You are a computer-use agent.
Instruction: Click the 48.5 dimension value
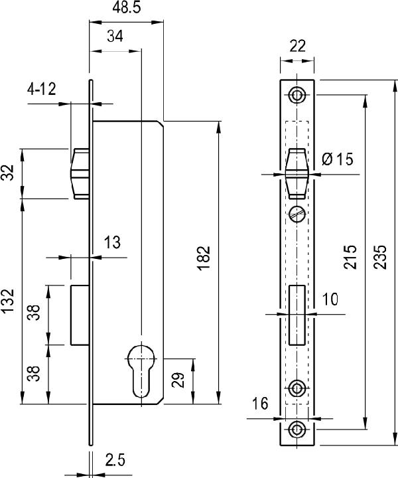coord(127,7)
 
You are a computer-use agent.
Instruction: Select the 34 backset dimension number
coord(115,37)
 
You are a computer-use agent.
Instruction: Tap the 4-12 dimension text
coord(41,90)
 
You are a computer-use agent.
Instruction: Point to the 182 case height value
coord(204,258)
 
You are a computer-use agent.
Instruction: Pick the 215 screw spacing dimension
coord(350,256)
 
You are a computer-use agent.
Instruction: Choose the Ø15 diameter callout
coord(337,159)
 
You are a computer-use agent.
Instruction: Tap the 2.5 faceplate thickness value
coord(115,460)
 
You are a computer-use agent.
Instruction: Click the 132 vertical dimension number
coord(7,301)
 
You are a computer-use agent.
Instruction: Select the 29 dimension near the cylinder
coord(178,380)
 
